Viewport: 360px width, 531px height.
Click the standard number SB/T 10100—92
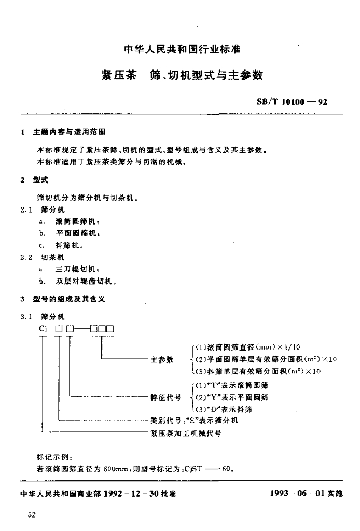pyautogui.click(x=292, y=102)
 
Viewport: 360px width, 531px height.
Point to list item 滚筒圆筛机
pyautogui.click(x=74, y=220)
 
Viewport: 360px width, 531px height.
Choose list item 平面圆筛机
pyautogui.click(x=74, y=233)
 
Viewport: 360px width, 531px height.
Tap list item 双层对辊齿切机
pyautogui.click(x=85, y=282)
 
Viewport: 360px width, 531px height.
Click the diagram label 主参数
pyautogui.click(x=162, y=359)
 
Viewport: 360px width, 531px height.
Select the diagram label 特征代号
pyautogui.click(x=165, y=397)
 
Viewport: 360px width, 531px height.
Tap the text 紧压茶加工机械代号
pyautogui.click(x=186, y=433)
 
